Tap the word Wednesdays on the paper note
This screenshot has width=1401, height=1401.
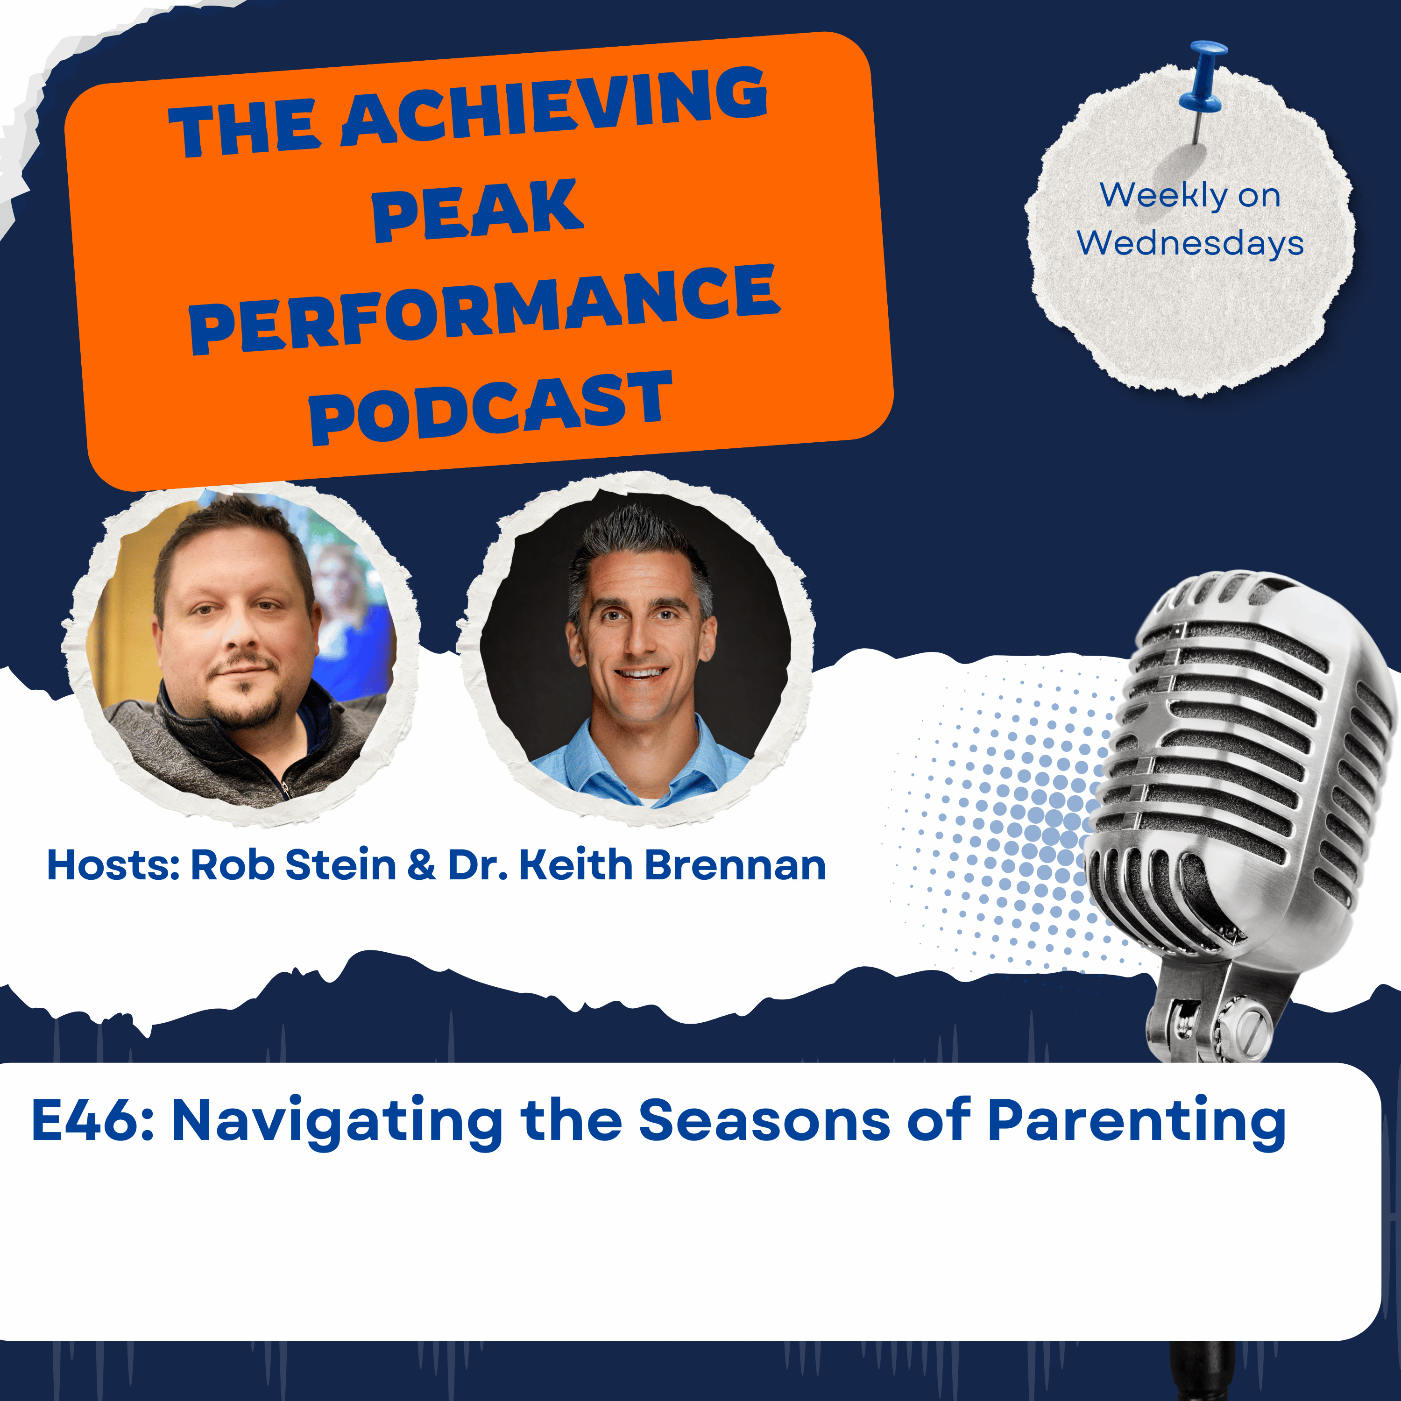(1190, 243)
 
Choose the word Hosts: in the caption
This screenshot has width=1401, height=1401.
(113, 865)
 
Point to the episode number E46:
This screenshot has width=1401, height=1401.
(93, 1120)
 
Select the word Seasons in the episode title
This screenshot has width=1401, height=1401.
(764, 1120)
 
